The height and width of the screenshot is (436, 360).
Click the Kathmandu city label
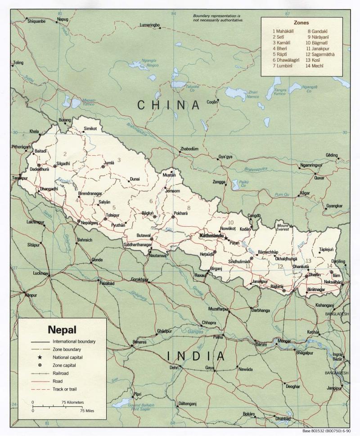211,235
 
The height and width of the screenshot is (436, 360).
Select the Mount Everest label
283,228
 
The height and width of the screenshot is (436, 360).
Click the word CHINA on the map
168,105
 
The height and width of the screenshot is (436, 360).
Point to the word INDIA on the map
196,356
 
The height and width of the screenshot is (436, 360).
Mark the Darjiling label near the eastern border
338,261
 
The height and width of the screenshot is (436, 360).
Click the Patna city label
218,337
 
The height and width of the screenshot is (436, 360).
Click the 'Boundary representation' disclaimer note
218,18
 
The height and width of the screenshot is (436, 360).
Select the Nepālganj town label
89,222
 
